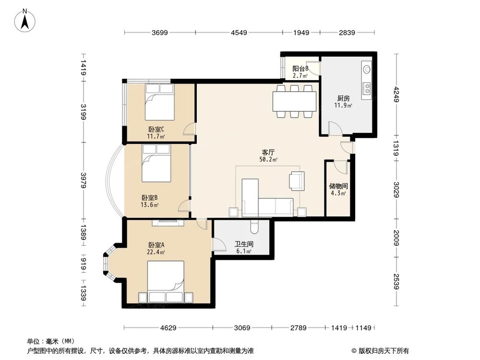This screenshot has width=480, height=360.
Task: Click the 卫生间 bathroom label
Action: pos(243,244)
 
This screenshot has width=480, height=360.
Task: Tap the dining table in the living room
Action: pos(294,101)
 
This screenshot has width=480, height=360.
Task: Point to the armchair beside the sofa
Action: pos(297,180)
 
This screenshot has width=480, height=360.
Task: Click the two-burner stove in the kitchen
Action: pos(367,87)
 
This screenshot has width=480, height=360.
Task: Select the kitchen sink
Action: pos(367,69)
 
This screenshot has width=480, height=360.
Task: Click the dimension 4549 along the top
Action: pos(239,33)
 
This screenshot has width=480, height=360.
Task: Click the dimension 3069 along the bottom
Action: pos(242,328)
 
